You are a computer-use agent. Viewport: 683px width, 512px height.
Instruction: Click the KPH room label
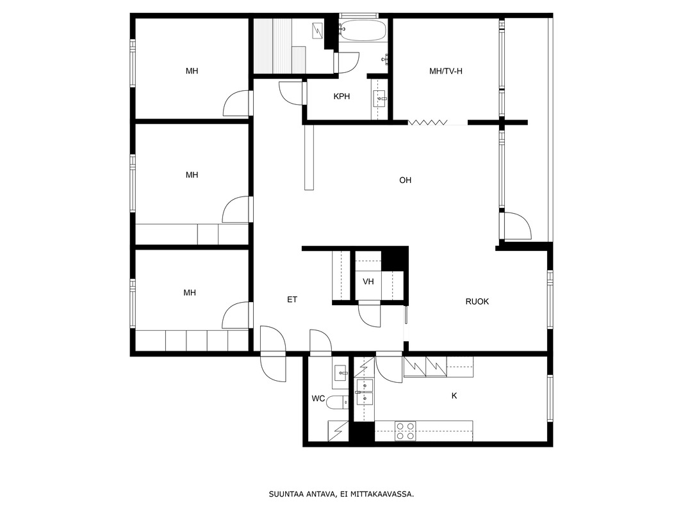pos(341,97)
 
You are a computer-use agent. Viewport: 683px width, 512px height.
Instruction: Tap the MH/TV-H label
pos(445,71)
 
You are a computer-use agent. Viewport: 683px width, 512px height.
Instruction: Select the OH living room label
pos(405,180)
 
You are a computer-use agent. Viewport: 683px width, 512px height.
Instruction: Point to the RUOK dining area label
pos(477,301)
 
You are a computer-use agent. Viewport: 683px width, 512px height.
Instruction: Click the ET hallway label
pos(292,300)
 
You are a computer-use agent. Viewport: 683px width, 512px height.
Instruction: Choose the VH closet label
pos(368,282)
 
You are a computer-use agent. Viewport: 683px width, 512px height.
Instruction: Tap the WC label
pos(318,399)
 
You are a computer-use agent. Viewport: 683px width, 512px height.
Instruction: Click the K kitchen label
pos(454,396)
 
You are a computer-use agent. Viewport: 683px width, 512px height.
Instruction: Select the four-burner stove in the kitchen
pos(406,431)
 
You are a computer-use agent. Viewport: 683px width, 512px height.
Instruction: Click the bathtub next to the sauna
pos(363,30)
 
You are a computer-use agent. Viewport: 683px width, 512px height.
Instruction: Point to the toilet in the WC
pos(337,403)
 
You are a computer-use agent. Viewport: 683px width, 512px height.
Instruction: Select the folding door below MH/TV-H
pos(428,122)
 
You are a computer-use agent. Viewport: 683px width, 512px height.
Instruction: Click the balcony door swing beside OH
pos(517,225)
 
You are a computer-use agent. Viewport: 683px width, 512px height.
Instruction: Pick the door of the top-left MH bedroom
pos(236,103)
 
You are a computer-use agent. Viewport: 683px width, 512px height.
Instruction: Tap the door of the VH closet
pos(370,314)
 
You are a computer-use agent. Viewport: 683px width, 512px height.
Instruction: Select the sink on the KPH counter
pos(379,99)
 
